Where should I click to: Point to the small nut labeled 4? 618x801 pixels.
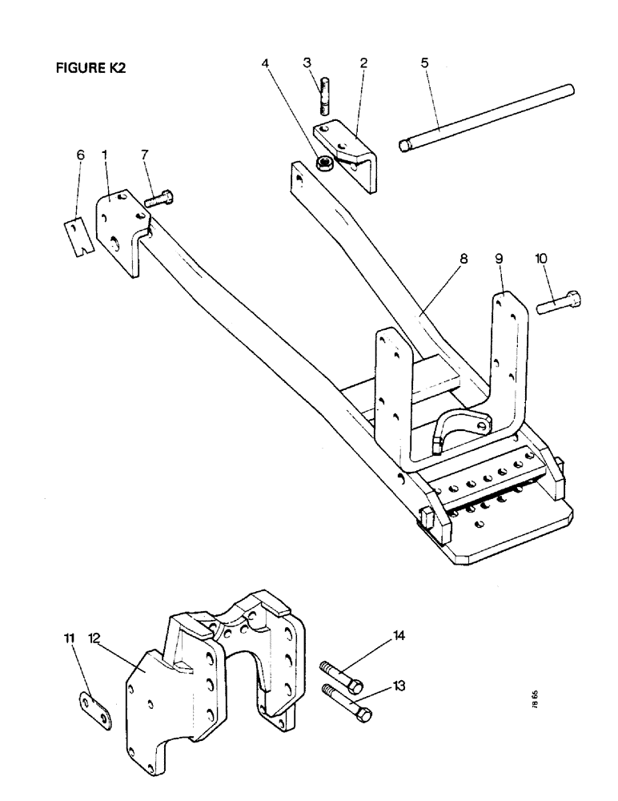coord(325,164)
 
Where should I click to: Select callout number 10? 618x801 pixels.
coord(541,260)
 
